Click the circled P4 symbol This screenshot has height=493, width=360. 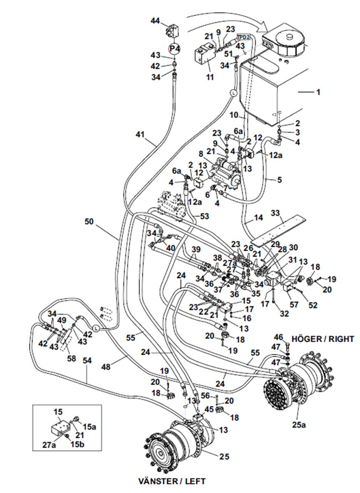point(174,49)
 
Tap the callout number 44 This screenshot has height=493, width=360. point(156,21)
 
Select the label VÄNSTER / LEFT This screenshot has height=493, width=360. point(172,481)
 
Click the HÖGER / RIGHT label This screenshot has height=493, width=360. point(323,339)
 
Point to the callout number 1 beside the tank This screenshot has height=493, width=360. point(318,92)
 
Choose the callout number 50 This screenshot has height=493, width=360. point(89,222)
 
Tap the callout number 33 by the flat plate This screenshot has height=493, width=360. point(275,213)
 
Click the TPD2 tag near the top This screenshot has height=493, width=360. point(244,37)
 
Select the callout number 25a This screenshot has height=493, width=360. point(299,425)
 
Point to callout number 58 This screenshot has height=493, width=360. point(72,358)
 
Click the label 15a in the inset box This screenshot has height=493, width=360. point(89,427)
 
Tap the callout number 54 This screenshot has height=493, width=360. point(87,360)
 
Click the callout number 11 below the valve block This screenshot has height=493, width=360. point(210,77)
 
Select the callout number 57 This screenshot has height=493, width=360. point(294,304)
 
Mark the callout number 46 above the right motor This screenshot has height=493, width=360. point(278,337)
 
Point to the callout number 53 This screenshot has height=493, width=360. point(204,216)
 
